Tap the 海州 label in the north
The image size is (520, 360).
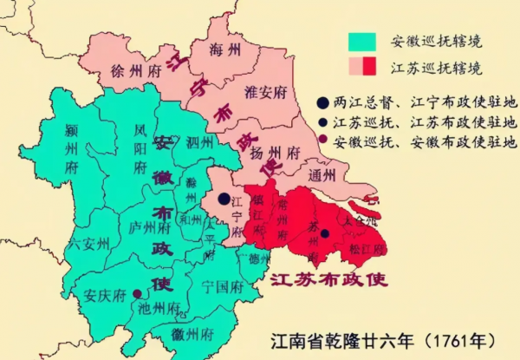tap(228, 51)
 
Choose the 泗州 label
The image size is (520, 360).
tap(198, 141)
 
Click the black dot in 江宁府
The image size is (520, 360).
tap(224, 199)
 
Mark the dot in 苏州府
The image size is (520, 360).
tap(324, 233)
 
